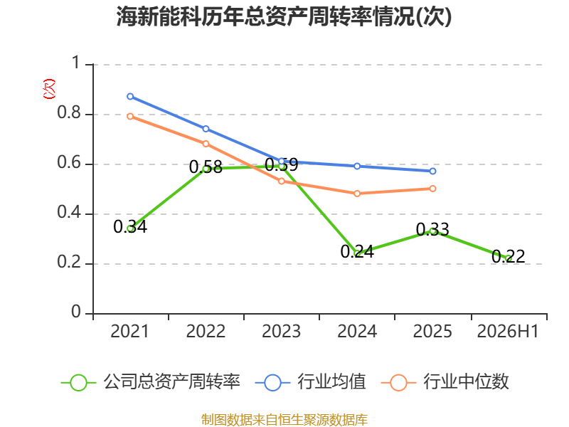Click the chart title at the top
click(284, 16)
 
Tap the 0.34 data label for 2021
click(130, 227)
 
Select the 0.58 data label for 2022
click(206, 167)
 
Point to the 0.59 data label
click(281, 165)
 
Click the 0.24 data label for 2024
click(357, 252)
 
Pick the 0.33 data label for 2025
click(432, 229)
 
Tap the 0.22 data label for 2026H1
click(508, 257)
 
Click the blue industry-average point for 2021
click(130, 97)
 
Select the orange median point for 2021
click(130, 117)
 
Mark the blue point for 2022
click(206, 129)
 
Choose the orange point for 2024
click(357, 194)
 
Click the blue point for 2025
click(432, 171)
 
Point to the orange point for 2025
click(432, 189)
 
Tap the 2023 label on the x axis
click(281, 332)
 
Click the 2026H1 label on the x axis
click(508, 332)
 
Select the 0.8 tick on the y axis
click(69, 112)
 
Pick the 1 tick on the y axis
click(76, 63)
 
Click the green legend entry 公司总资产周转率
click(150, 382)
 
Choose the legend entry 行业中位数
click(445, 382)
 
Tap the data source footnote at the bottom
click(284, 420)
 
